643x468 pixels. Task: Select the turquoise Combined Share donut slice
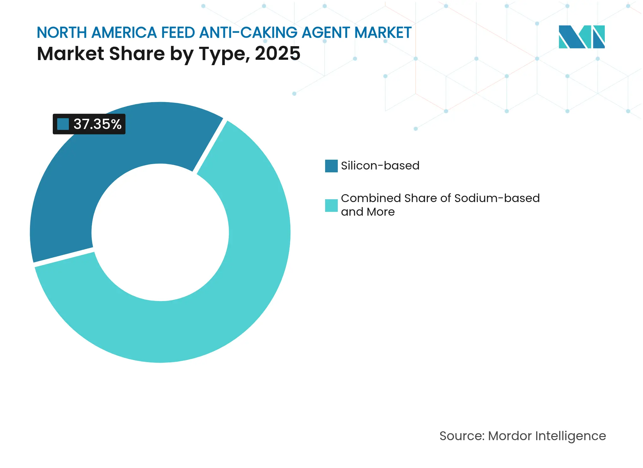[x=221, y=300]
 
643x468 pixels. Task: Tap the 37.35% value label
[x=97, y=124]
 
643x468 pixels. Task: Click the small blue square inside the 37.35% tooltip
[x=63, y=124]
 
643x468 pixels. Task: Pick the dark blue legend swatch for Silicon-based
[x=331, y=166]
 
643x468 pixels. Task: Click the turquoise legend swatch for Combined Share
[x=331, y=205]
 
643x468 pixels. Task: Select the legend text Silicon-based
[x=380, y=166]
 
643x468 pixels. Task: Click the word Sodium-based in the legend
[x=497, y=198]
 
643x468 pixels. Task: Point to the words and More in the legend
[x=368, y=212]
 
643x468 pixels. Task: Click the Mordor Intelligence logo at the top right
[x=581, y=37]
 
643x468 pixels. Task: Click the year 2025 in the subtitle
[x=277, y=53]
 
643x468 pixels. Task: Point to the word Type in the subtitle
[x=222, y=53]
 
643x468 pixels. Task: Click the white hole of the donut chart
[x=160, y=232]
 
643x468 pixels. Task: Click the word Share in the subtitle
[x=136, y=53]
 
